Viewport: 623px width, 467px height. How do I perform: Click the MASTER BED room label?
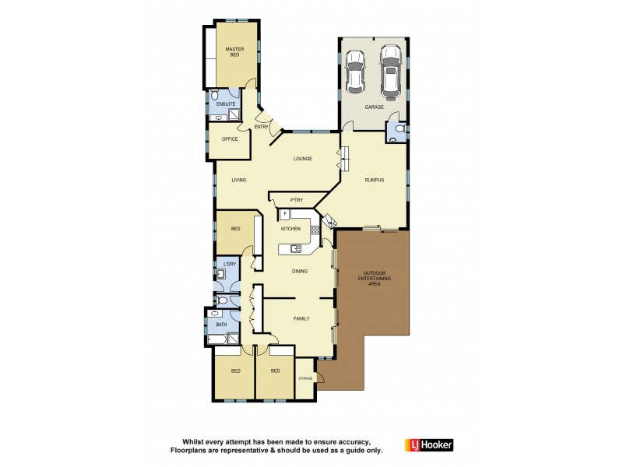(234, 52)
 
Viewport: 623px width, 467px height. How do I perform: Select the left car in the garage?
(355, 71)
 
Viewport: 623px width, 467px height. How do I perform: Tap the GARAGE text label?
(373, 107)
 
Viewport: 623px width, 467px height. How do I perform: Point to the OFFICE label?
(230, 139)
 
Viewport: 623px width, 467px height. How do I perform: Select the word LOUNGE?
(303, 159)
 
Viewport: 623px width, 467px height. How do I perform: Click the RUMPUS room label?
(375, 181)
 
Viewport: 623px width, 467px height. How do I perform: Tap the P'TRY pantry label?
(295, 199)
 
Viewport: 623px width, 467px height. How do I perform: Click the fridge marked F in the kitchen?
(285, 213)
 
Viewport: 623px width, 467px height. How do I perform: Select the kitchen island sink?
(297, 248)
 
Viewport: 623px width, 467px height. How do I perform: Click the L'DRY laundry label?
(230, 265)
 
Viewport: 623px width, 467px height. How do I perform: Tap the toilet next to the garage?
(399, 130)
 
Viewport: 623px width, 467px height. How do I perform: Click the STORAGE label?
(305, 378)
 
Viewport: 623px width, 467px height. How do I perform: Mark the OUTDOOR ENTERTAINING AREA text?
(374, 278)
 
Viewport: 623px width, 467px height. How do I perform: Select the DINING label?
(300, 272)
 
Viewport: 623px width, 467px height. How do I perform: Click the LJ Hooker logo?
(428, 445)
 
